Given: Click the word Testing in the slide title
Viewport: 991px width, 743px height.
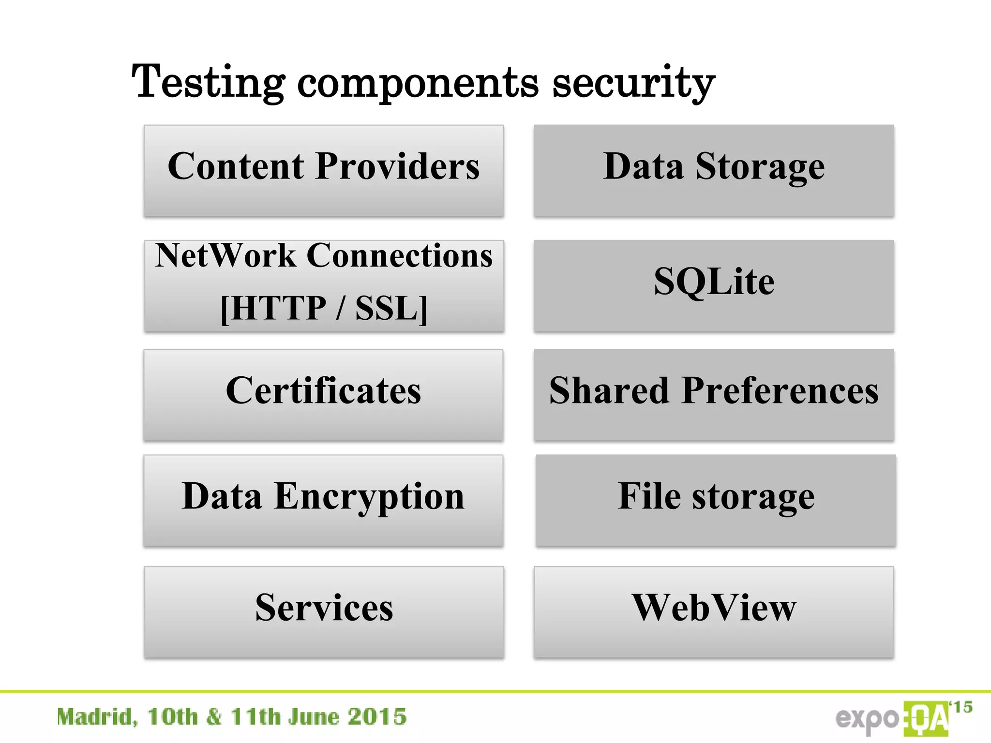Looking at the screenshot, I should [208, 82].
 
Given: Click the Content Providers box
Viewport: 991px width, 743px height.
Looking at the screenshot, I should [324, 170].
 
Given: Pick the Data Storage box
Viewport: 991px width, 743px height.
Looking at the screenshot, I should [714, 170].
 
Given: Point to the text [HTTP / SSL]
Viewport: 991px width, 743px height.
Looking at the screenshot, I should [324, 308].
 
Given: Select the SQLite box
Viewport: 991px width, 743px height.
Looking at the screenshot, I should [714, 285].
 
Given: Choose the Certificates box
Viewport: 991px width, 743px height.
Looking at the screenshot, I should [323, 394].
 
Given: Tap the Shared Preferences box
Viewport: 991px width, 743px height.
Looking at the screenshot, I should [714, 394].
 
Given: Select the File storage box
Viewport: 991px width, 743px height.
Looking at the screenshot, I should [716, 500].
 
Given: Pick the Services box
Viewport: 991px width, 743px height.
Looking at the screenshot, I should [324, 611].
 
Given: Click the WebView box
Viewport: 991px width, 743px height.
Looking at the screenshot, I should [714, 611].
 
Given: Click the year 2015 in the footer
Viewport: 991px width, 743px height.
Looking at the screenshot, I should [377, 717].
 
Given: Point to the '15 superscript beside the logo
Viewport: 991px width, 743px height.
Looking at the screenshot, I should [961, 707].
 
